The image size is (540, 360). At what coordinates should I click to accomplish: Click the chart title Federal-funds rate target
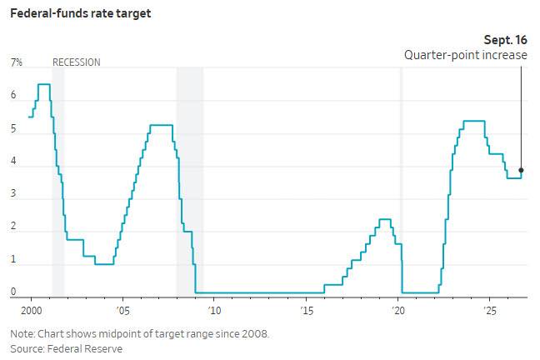point(81,14)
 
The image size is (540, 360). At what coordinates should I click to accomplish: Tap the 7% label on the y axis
point(16,62)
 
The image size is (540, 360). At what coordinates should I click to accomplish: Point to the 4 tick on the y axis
point(13,161)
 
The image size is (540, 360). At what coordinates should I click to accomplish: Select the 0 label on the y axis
point(13,292)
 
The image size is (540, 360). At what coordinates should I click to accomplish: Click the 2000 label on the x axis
point(32,311)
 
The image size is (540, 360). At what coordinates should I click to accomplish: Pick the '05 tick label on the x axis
point(122,311)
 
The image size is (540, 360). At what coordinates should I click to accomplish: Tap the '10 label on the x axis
point(214,311)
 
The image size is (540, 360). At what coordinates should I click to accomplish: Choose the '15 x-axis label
point(307,311)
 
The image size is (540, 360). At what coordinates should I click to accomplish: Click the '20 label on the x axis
point(398,311)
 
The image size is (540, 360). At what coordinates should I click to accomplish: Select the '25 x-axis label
point(490,311)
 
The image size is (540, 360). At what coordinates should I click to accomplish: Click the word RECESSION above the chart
point(77,62)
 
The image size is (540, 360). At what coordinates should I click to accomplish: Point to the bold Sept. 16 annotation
point(506,40)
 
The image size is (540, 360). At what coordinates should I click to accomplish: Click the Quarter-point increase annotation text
point(466,55)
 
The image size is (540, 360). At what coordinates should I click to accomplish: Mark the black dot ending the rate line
point(521,170)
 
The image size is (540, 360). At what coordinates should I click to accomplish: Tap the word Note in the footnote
point(22,334)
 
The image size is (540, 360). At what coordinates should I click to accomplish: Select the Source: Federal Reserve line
point(67,349)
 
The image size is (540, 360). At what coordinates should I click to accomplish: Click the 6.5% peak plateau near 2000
point(44,84)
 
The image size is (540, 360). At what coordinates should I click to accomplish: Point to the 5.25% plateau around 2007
point(161,125)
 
